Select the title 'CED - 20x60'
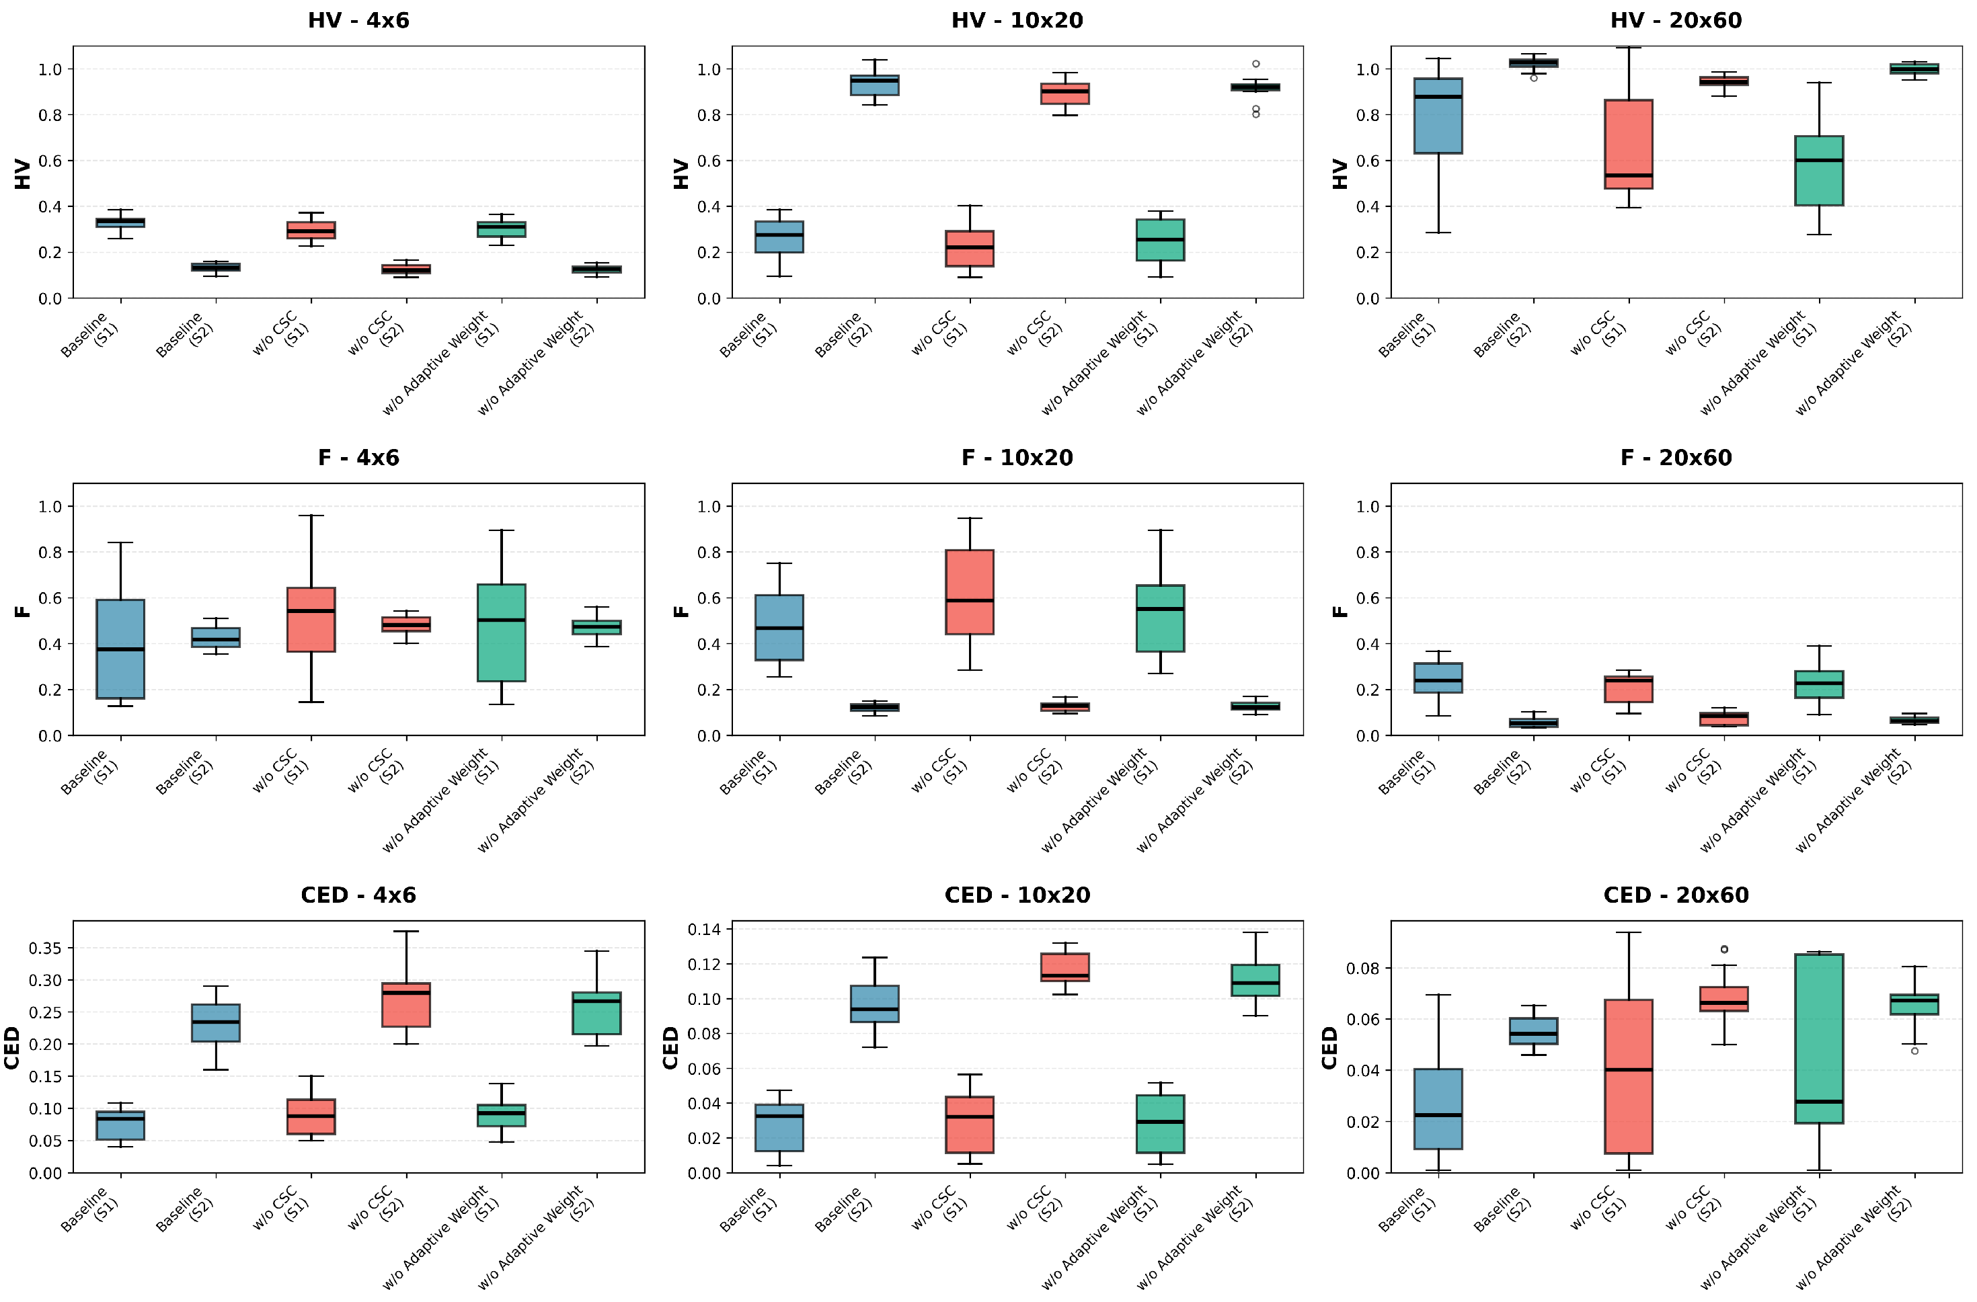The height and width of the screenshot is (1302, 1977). [1676, 895]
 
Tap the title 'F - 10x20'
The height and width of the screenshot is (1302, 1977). [1017, 458]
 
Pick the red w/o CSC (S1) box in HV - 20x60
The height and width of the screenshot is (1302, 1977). [1628, 145]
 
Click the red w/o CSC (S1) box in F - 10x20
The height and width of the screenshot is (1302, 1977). [970, 592]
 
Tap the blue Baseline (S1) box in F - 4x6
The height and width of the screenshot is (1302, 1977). [120, 649]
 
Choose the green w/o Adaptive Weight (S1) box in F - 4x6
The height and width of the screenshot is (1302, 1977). [501, 633]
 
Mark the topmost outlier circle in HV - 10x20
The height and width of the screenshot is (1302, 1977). [1255, 64]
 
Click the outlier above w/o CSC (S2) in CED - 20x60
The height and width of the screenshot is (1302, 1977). [1723, 949]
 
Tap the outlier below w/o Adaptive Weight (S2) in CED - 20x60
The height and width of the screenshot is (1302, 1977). [1914, 1051]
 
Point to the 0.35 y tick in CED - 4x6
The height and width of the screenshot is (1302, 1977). [45, 948]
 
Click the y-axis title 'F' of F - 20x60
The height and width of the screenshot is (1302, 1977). [1339, 611]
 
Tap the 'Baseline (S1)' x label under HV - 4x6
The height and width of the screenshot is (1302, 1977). [89, 335]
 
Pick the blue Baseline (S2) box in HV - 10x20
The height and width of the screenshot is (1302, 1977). [875, 85]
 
